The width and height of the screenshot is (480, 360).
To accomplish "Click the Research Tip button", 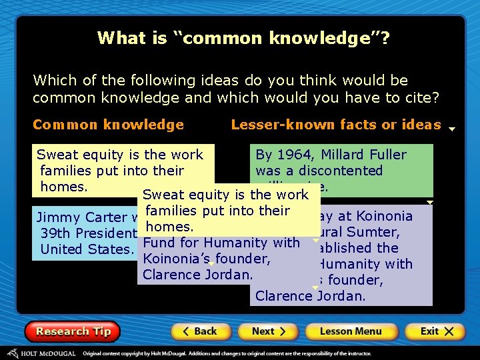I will tap(72, 331).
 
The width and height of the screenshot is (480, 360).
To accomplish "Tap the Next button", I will tap(269, 331).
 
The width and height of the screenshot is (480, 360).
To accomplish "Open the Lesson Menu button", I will tap(351, 331).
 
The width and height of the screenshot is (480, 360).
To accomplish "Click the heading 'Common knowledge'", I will tap(108, 125).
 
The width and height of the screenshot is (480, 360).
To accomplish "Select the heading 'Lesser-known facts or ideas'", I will tap(336, 125).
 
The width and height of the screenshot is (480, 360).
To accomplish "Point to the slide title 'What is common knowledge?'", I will tap(243, 38).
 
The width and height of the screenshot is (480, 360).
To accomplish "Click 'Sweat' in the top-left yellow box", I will tap(57, 155).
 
